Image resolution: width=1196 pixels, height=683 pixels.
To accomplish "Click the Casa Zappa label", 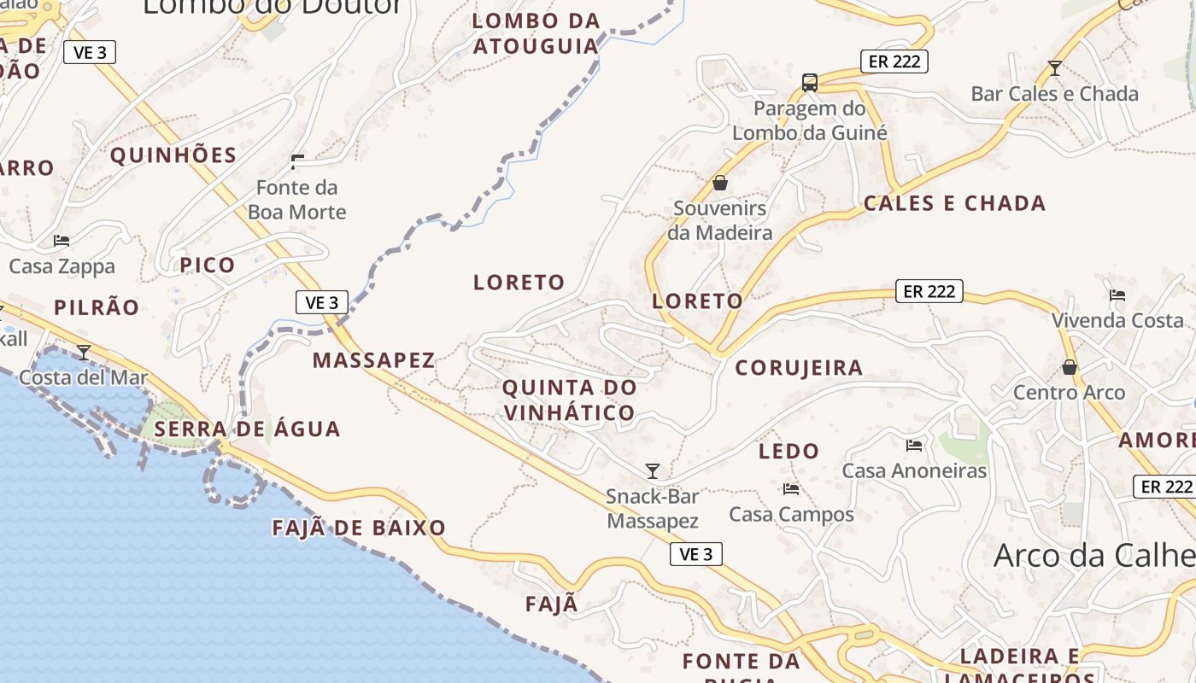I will (62, 266).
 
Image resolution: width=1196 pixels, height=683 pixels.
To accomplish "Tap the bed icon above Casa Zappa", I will (62, 241).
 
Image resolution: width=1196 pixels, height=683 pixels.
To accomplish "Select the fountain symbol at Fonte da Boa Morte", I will (297, 161).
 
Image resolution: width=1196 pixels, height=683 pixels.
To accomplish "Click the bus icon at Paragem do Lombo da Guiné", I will (810, 83).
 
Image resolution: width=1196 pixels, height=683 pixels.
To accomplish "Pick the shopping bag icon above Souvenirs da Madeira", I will (720, 183).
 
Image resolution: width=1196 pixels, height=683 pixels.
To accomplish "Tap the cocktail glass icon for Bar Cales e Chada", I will (1055, 67).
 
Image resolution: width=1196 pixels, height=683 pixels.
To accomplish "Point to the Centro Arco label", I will (1069, 393).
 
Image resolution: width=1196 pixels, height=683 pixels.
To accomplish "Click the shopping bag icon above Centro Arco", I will (1069, 367).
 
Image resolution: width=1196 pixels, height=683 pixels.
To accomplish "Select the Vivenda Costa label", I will (1117, 321).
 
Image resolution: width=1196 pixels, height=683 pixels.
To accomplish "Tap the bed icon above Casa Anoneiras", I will (914, 445).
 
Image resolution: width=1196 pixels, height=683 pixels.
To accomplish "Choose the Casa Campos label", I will (791, 514).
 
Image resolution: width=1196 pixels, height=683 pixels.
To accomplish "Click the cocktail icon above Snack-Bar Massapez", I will (653, 470).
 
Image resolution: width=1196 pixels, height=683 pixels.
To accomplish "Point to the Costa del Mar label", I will (84, 377).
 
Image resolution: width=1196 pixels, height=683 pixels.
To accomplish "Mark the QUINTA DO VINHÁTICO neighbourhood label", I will (569, 400).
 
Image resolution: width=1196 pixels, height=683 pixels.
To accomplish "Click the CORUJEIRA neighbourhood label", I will (799, 368).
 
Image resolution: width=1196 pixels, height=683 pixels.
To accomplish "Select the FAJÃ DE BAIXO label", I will (359, 528).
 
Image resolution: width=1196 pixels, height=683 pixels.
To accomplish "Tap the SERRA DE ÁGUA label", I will (248, 429).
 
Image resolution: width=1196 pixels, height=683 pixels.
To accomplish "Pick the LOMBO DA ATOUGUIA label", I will (536, 33).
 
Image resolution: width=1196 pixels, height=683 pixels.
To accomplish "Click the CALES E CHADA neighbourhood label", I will (954, 203).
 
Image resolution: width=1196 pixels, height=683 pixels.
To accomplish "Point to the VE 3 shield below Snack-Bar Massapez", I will (695, 554).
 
